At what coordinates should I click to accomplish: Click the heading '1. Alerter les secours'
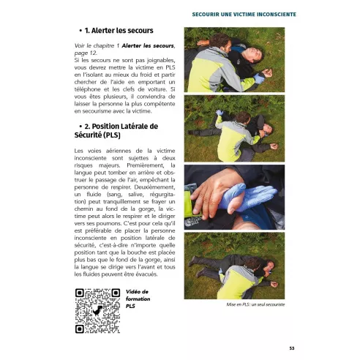tap(118, 31)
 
